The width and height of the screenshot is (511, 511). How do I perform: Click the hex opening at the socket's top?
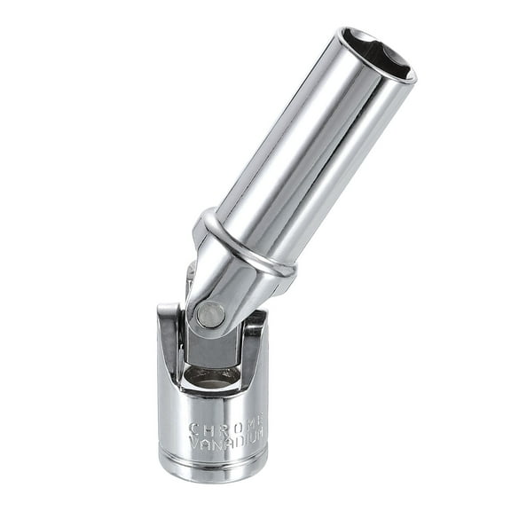[x=379, y=55]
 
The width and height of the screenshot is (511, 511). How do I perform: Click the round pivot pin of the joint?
[x=209, y=314]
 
